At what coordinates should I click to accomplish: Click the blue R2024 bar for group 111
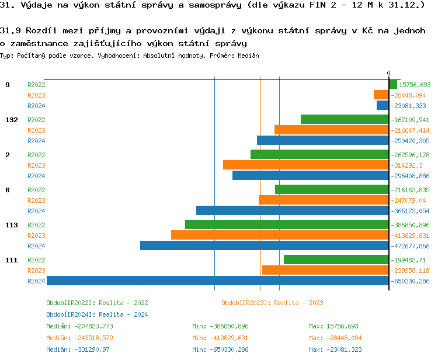[x=218, y=281]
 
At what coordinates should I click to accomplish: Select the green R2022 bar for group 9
[x=393, y=84]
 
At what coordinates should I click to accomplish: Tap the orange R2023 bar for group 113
[x=280, y=235]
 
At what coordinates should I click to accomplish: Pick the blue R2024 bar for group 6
[x=293, y=210]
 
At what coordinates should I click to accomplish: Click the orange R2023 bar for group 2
[x=306, y=165]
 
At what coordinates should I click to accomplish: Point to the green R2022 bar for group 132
[x=345, y=119]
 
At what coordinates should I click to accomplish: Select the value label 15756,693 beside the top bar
[x=415, y=85]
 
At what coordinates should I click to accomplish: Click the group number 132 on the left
[x=12, y=120]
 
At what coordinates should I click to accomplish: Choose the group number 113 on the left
[x=12, y=225]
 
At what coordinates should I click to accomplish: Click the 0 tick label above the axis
[x=389, y=73]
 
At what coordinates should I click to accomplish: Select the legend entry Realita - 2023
[x=272, y=303]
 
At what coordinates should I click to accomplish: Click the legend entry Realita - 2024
[x=97, y=314]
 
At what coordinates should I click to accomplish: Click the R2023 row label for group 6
[x=36, y=200]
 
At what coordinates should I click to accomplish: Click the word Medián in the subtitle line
[x=249, y=56]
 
